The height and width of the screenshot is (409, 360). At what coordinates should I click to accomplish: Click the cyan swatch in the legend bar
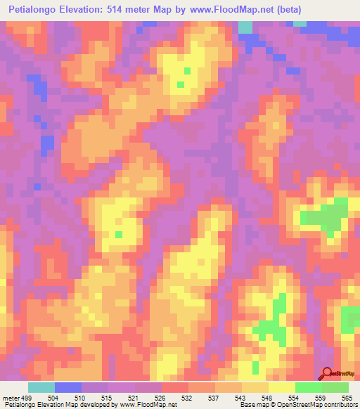[41, 388]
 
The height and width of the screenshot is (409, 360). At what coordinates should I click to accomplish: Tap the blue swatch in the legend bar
[68, 388]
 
